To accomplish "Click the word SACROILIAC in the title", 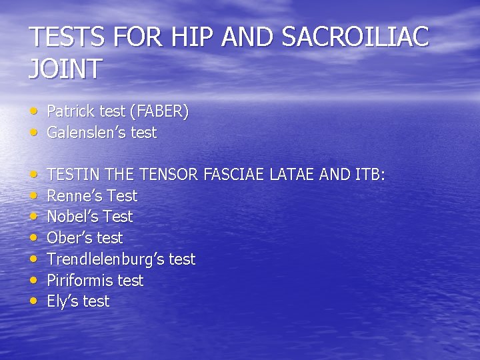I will point(355,37).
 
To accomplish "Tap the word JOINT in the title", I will point(65,69).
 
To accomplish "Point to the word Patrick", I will point(69,111).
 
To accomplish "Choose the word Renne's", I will point(71,196).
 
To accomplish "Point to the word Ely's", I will point(61,301).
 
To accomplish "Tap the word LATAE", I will point(293,175).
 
